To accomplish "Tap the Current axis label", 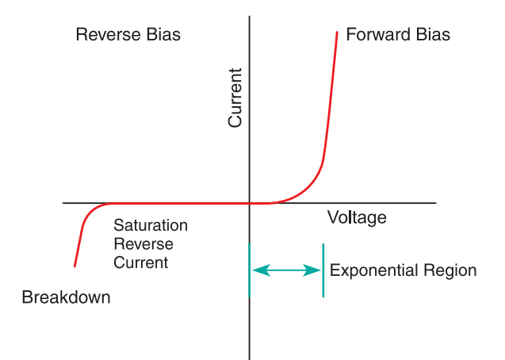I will (235, 98).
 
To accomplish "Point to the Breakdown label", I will (66, 298).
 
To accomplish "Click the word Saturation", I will (151, 225).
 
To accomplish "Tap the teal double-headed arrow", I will (286, 270).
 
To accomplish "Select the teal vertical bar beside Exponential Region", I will (323, 270).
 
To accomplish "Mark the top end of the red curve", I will (337, 33).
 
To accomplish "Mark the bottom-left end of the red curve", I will (75, 266).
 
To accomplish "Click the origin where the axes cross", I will (250, 203).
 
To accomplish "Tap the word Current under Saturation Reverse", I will (140, 262).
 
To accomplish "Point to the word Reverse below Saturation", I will (143, 243).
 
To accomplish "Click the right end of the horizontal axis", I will (434, 203).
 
